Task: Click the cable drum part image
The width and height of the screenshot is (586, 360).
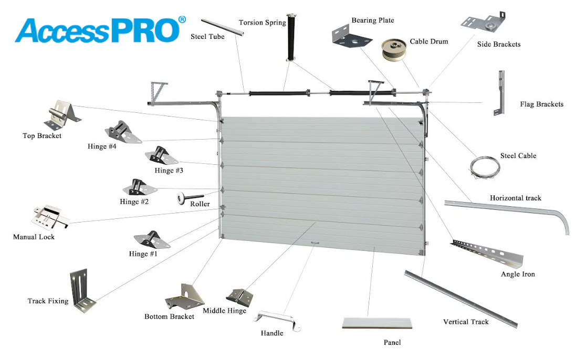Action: coord(394,49)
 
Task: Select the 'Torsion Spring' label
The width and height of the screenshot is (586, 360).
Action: coord(263,23)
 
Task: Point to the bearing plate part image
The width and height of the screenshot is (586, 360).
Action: coord(351,36)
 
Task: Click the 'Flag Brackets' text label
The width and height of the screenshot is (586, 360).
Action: coord(541,104)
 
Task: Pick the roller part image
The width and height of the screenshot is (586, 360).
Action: coord(190,198)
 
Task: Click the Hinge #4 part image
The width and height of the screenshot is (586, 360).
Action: coord(123,132)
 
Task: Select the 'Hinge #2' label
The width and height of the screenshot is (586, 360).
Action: coord(134,202)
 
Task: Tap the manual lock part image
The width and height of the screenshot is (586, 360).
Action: coord(50,216)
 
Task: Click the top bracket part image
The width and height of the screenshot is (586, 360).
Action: coord(62,114)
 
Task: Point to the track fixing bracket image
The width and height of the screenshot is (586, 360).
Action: coord(82,290)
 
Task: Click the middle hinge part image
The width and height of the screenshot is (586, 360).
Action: coord(239,298)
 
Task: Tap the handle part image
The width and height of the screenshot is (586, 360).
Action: coord(277,321)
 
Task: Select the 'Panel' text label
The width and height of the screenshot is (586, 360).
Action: coord(392,343)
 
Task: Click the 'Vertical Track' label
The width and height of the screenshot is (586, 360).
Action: coord(466,322)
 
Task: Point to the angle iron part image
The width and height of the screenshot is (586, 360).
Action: coord(487,253)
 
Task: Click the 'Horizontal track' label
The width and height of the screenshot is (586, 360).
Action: coord(515,198)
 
